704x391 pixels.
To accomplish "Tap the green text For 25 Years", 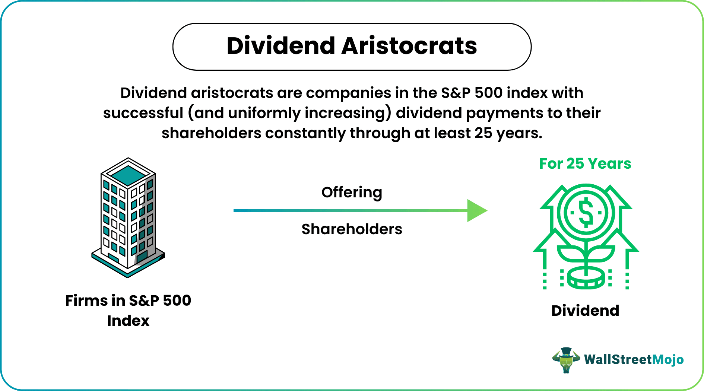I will click(x=585, y=164).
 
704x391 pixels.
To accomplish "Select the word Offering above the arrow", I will click(x=352, y=193).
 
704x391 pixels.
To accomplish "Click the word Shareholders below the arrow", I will click(x=352, y=229).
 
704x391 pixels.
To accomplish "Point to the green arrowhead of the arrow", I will click(x=476, y=211).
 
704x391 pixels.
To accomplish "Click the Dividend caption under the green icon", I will click(x=585, y=311).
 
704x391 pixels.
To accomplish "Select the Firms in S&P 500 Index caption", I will click(x=128, y=310).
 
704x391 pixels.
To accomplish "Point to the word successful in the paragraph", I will click(x=143, y=113).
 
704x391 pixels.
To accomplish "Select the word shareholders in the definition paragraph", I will click(x=211, y=133).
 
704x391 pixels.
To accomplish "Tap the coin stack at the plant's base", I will click(x=586, y=279).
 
